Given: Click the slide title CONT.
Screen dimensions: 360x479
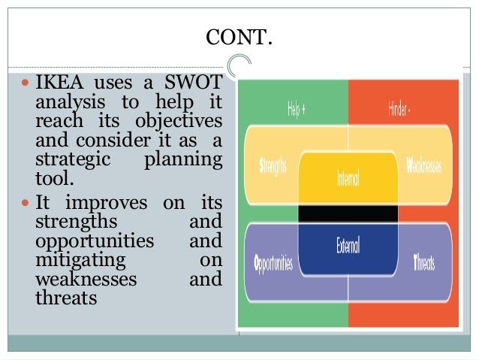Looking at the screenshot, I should (x=239, y=36).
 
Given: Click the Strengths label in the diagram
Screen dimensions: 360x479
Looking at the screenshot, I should (x=273, y=165).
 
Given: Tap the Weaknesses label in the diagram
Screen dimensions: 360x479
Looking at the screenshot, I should (x=425, y=165).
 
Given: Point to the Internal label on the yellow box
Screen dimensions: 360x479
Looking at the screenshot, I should (x=348, y=180).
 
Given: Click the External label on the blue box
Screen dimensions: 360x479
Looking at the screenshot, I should (x=348, y=244).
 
